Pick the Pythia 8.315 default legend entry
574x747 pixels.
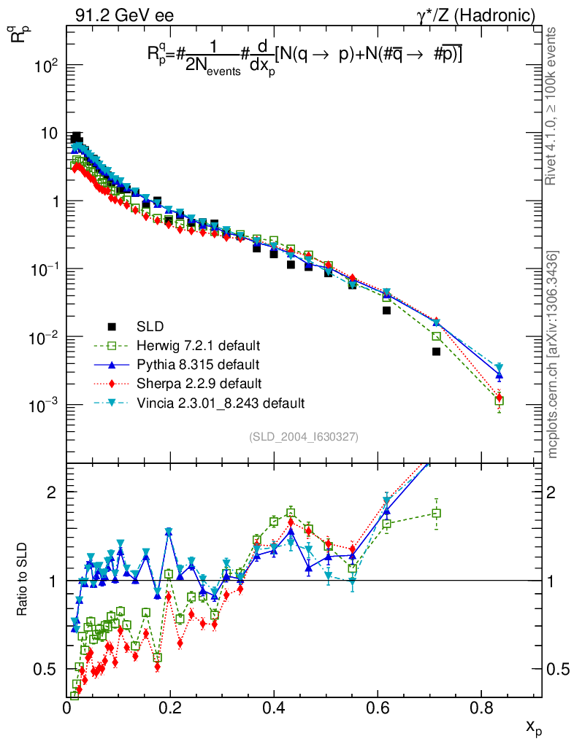click(195, 364)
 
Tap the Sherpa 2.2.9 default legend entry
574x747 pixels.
click(195, 383)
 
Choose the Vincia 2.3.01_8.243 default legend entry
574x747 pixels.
click(219, 403)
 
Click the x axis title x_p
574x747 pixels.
click(534, 727)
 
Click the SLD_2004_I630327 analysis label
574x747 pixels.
click(303, 437)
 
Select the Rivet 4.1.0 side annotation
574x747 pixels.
click(553, 106)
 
